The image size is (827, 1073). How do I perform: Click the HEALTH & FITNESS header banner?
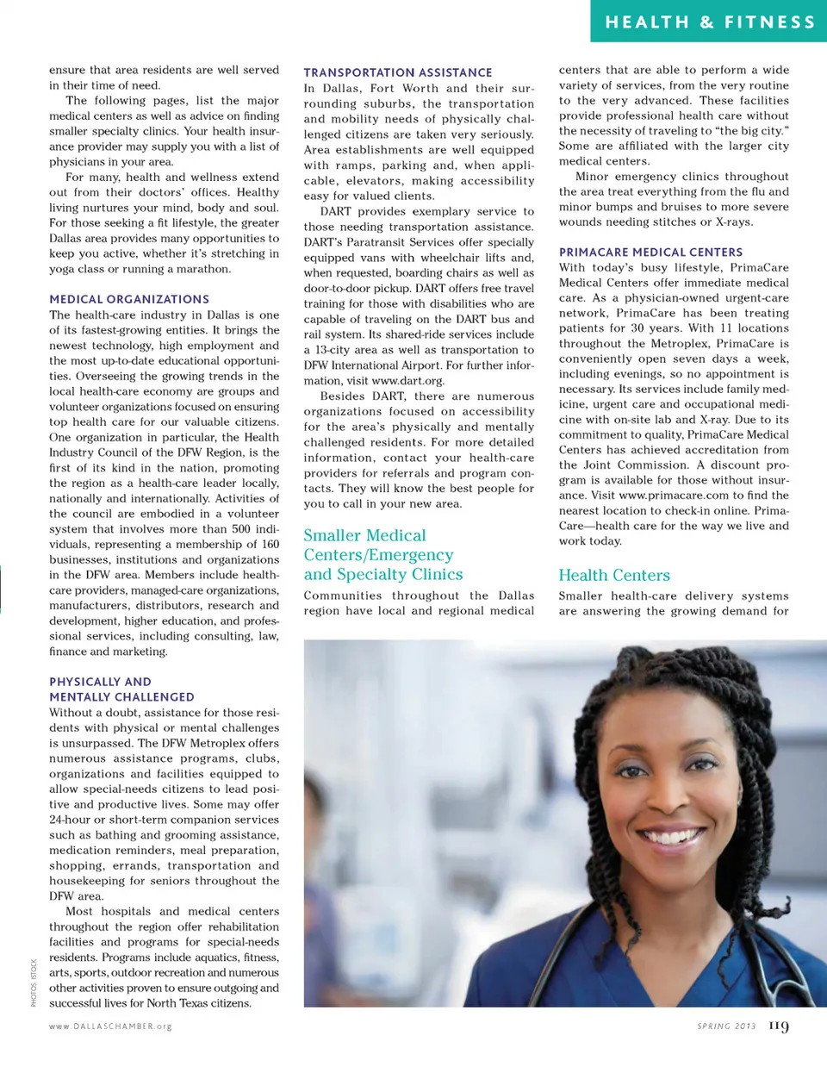(709, 22)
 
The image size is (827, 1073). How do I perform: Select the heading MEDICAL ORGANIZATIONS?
(129, 299)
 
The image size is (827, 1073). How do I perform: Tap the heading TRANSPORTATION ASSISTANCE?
(398, 72)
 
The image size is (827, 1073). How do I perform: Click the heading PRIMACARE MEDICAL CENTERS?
(650, 252)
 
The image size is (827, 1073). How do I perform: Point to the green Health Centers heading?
(614, 575)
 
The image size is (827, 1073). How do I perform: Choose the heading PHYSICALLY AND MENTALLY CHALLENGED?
(121, 689)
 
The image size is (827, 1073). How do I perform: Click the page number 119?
(779, 1026)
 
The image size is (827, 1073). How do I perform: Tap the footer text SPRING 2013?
(726, 1026)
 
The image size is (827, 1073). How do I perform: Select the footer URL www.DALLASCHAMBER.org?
(110, 1026)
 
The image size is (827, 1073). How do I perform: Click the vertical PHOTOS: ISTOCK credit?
(34, 983)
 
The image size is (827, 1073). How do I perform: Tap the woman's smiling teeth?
(674, 835)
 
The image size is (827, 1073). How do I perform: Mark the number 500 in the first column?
(241, 529)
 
